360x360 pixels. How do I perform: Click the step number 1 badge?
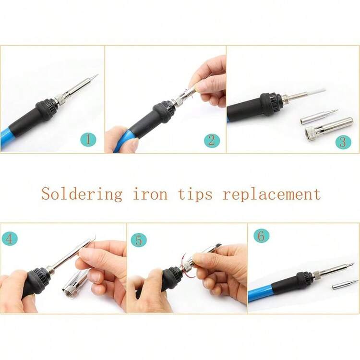(x=88, y=140)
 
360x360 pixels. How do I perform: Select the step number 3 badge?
(x=343, y=142)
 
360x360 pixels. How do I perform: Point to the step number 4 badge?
(x=10, y=238)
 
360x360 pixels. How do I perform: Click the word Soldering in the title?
(x=82, y=194)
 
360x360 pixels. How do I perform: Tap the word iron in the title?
(x=150, y=194)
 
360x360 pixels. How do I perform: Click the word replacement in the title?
(x=272, y=194)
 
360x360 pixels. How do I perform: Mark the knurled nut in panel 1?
(x=60, y=99)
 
